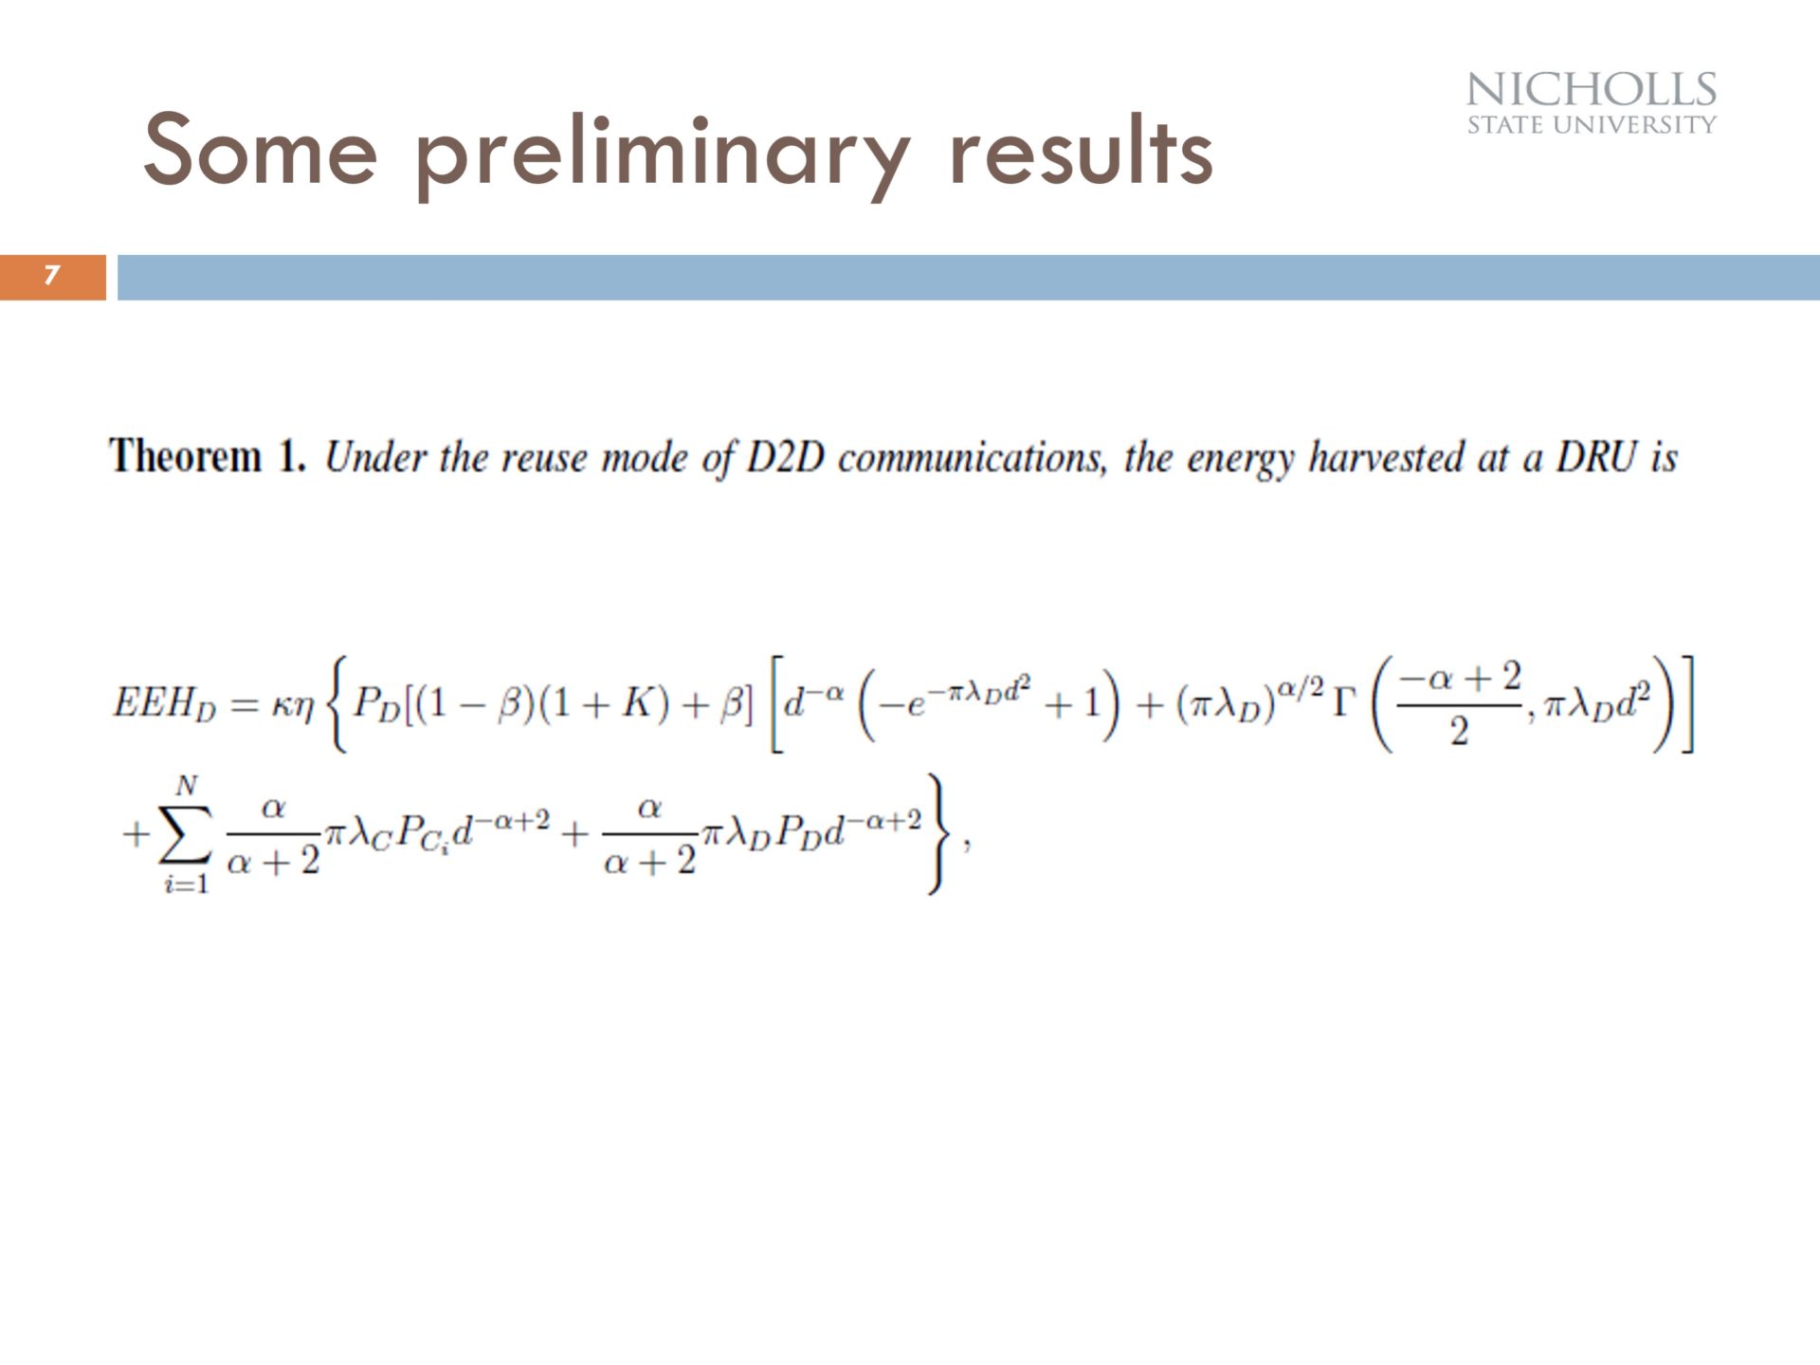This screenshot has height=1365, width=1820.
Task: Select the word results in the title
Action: [1081, 150]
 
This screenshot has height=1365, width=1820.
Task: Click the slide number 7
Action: [52, 276]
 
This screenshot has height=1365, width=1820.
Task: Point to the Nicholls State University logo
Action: [1592, 103]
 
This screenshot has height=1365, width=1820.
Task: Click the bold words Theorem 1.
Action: [208, 456]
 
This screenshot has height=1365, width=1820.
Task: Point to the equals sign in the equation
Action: [244, 705]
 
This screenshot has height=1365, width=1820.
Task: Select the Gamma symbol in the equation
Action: [1344, 702]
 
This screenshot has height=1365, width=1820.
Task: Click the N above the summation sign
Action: [187, 785]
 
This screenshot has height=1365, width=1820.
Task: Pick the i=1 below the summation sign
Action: [186, 884]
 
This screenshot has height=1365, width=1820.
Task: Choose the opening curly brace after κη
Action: [337, 703]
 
